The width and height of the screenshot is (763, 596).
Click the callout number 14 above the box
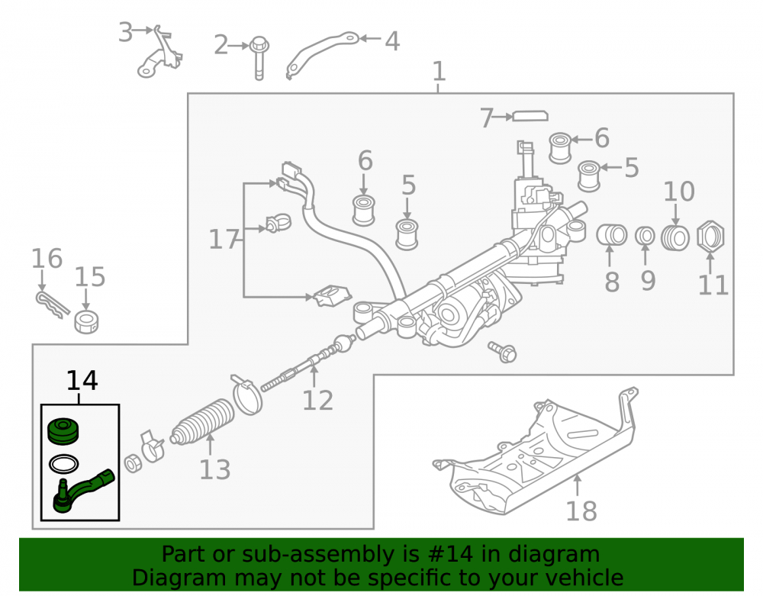(82, 381)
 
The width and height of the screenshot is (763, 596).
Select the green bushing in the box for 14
(63, 430)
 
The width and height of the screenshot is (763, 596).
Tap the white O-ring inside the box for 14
(64, 464)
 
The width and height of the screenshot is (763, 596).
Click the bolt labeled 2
(259, 58)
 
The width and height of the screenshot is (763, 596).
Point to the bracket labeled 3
(159, 53)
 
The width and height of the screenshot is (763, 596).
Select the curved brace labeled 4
(321, 54)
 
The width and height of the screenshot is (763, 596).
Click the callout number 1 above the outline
(439, 72)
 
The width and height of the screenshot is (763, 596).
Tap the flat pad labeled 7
(530, 116)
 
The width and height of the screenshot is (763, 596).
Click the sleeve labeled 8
(612, 235)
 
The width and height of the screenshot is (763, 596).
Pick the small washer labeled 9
(645, 236)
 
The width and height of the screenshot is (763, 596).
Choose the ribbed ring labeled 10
(675, 238)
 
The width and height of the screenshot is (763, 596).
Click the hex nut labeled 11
(710, 237)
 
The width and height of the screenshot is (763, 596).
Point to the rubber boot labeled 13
(202, 422)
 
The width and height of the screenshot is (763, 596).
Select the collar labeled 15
(86, 321)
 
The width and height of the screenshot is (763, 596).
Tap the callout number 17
(224, 240)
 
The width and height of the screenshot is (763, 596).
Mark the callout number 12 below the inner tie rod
(317, 401)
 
